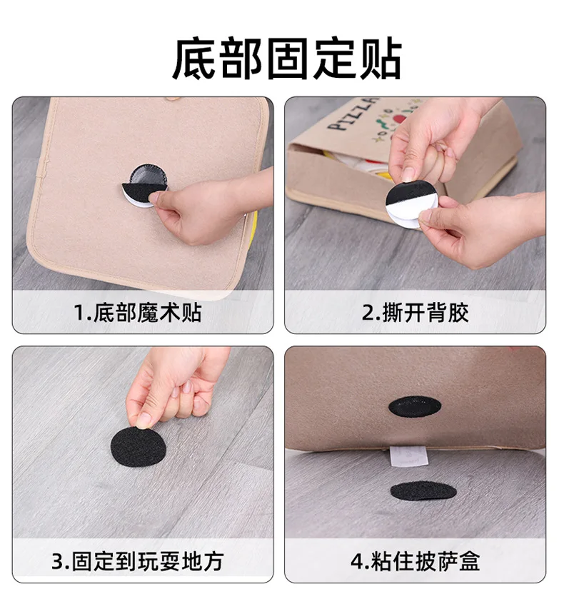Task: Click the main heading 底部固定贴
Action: click(x=287, y=58)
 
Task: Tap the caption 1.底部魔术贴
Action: click(x=138, y=313)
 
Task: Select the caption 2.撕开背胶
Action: click(x=415, y=313)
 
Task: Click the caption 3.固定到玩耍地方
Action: click(x=138, y=561)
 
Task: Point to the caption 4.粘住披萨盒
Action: click(x=415, y=561)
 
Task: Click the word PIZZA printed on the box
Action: click(x=353, y=114)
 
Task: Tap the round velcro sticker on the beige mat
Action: click(x=144, y=186)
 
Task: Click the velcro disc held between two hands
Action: click(x=411, y=204)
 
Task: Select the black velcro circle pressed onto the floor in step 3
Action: click(x=139, y=447)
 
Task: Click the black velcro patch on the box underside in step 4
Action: click(x=415, y=406)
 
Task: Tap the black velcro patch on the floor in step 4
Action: click(x=423, y=491)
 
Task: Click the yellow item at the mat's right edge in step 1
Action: click(x=253, y=227)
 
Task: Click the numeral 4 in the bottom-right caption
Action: click(x=356, y=562)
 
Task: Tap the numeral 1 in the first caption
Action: click(x=79, y=313)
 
